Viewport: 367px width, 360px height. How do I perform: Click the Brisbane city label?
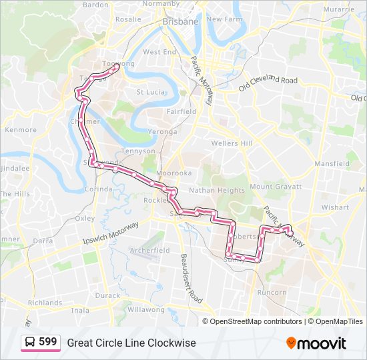coord(181,21)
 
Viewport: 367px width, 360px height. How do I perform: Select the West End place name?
coord(159,51)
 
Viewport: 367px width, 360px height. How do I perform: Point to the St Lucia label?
coord(150,92)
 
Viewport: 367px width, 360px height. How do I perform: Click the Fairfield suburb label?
coord(181,111)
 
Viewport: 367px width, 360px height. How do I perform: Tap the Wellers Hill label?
coord(232,143)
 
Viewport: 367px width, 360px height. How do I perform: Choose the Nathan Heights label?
coord(217,190)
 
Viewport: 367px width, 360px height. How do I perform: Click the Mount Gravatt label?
coord(276,187)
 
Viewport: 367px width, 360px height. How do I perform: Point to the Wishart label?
coord(334,207)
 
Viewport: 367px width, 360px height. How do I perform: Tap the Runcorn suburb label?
coord(272,292)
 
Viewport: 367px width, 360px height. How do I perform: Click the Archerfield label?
coord(149,250)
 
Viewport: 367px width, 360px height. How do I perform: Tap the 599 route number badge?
coord(41,342)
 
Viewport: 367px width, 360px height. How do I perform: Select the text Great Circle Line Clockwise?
coord(131,343)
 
